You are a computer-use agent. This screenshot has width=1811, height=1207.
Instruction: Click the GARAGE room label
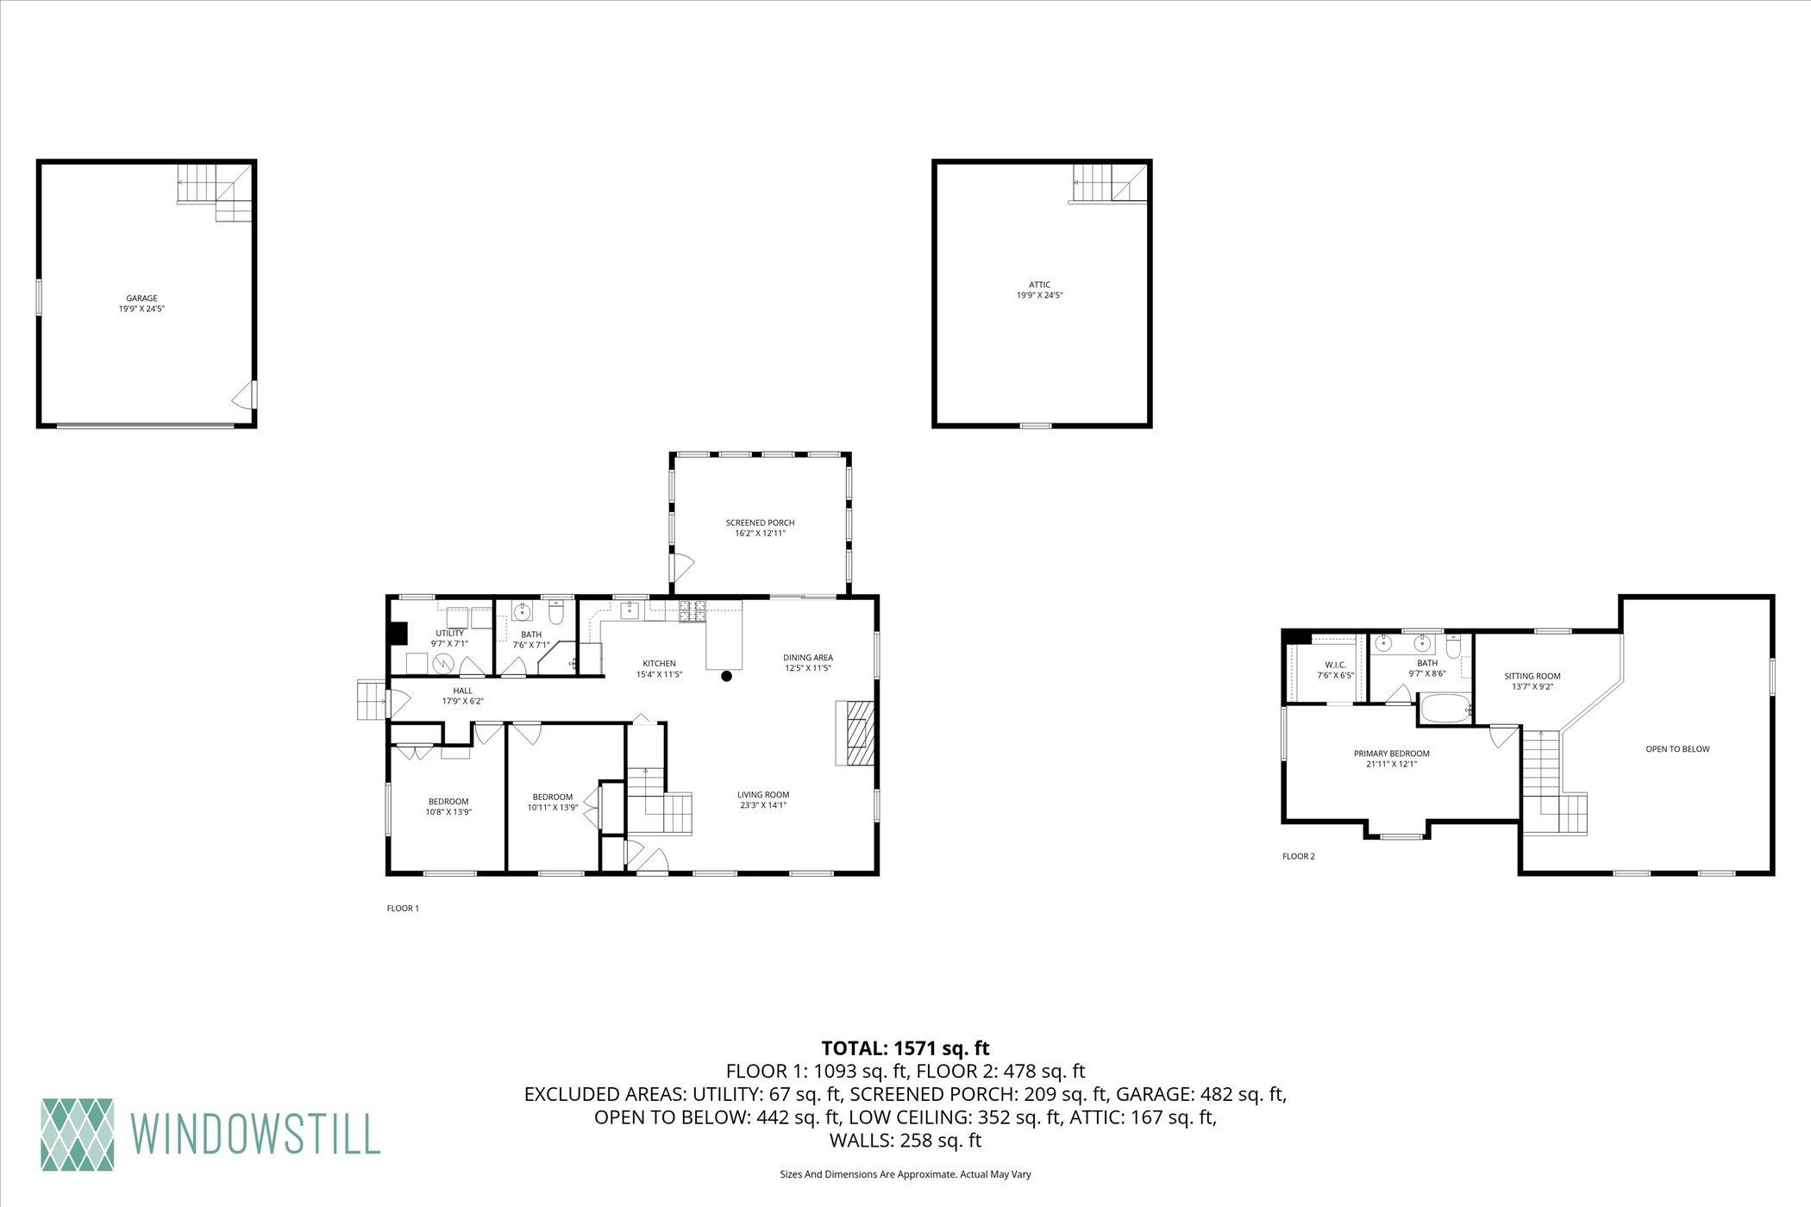click(141, 298)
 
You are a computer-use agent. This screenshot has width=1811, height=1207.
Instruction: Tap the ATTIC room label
click(1039, 285)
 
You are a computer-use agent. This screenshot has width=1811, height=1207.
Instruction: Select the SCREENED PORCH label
click(760, 522)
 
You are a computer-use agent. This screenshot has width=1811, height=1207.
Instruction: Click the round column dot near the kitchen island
click(727, 676)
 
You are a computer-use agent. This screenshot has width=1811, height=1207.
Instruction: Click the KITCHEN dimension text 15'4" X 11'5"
click(659, 674)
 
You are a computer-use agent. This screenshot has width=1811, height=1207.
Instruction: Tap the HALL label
click(462, 691)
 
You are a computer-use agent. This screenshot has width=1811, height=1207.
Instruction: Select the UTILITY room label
click(449, 633)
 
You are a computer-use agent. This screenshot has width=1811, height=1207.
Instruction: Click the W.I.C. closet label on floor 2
click(1335, 665)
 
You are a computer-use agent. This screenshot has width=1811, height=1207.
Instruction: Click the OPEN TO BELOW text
click(1677, 749)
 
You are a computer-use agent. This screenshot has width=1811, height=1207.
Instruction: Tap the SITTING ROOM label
click(1532, 676)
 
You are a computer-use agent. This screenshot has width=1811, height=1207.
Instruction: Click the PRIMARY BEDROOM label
click(1391, 754)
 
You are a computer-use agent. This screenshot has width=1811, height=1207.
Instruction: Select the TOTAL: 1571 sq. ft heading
click(905, 1048)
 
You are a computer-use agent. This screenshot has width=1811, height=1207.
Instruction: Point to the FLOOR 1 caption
click(403, 908)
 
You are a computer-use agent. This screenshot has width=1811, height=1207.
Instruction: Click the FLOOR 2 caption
click(1299, 856)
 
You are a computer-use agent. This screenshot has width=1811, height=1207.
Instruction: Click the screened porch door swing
click(682, 566)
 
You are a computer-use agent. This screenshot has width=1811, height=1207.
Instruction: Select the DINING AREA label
click(808, 657)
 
